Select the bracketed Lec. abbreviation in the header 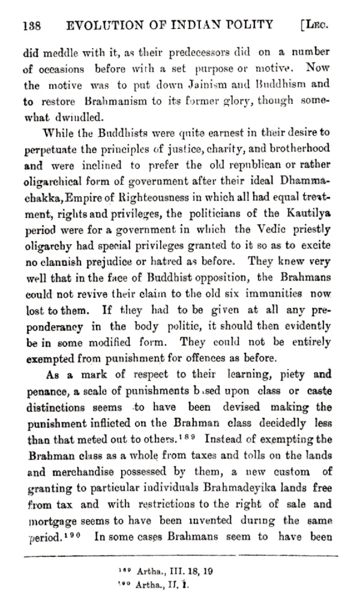[318, 25]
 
